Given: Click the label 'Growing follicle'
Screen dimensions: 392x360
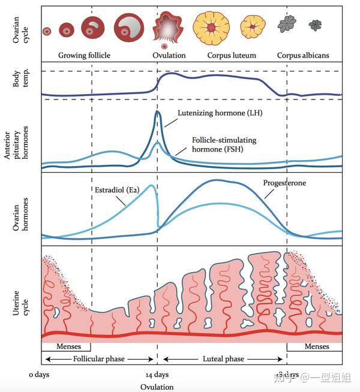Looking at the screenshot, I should [x=84, y=55].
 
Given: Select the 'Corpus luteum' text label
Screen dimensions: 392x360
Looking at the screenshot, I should [x=232, y=55].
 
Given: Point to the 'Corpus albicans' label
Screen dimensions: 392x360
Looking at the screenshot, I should [x=303, y=55].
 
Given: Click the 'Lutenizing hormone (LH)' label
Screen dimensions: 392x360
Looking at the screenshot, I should [x=220, y=113].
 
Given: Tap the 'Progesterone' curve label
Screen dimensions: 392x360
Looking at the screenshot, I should [x=284, y=182].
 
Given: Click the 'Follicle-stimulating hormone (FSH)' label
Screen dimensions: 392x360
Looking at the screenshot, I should [x=224, y=144].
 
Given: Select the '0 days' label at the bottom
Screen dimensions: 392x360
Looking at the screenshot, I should [x=39, y=375].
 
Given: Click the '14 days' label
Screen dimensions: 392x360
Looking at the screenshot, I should [x=157, y=375].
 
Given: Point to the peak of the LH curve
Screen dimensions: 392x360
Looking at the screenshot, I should [x=157, y=111].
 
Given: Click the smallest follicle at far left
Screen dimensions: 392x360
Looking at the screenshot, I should [x=47, y=31].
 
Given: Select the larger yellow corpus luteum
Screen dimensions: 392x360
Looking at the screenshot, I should [x=211, y=28].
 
